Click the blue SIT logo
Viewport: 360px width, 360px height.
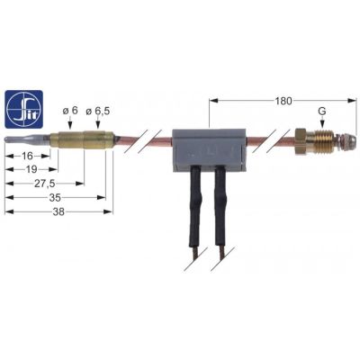click(x=24, y=110)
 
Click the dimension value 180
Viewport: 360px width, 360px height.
click(x=283, y=101)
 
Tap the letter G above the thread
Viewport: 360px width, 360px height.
click(x=322, y=112)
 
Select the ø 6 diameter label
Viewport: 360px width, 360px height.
click(x=70, y=111)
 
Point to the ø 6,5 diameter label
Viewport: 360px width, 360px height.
click(x=98, y=111)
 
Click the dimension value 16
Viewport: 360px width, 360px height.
click(x=27, y=156)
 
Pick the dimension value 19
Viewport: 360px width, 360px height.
click(x=31, y=169)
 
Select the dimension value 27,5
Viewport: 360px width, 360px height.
click(x=46, y=184)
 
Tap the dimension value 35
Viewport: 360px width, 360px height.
click(x=55, y=198)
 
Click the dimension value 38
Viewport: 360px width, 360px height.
click(x=58, y=211)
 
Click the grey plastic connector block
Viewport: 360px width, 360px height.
click(x=209, y=150)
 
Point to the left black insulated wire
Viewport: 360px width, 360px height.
click(x=195, y=204)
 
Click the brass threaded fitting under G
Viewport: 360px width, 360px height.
click(x=321, y=142)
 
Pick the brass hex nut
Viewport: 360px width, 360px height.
click(x=301, y=141)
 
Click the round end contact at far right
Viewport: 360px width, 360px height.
click(x=344, y=141)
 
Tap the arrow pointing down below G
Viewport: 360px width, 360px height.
click(x=322, y=122)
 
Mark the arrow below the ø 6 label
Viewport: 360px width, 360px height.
click(x=69, y=123)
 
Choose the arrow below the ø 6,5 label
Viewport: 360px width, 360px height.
click(x=98, y=123)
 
